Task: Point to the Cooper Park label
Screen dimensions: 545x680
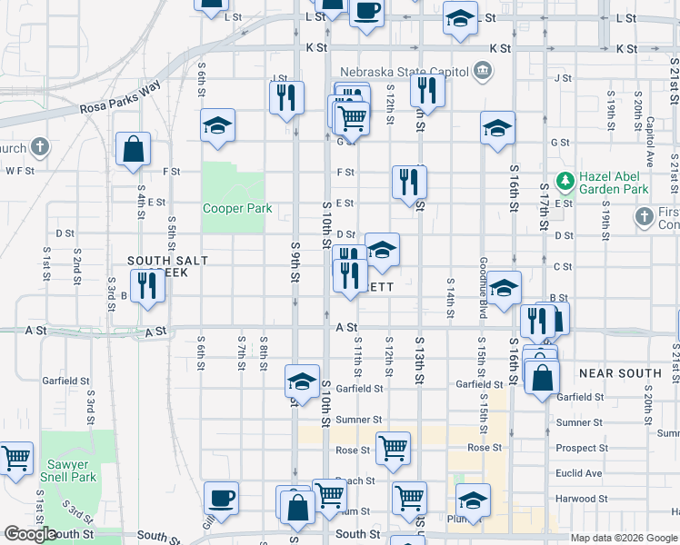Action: (x=237, y=208)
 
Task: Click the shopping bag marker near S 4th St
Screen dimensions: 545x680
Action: (x=133, y=150)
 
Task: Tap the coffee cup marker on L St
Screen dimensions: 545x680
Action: (x=366, y=11)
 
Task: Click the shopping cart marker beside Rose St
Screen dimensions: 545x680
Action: (x=393, y=447)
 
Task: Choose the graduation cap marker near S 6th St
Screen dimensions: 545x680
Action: (x=217, y=125)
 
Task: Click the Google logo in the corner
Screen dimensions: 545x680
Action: (x=30, y=534)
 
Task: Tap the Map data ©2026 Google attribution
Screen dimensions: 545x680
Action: (x=623, y=538)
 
